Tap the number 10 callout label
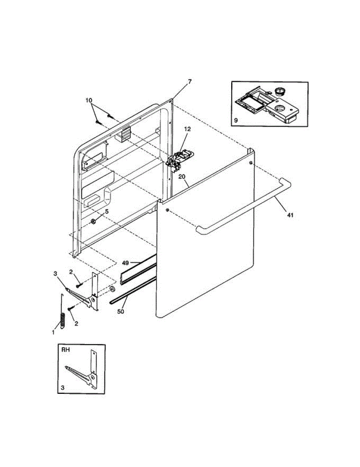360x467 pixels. click(x=89, y=100)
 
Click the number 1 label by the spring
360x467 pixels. click(x=53, y=332)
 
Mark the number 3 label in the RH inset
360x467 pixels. click(x=63, y=388)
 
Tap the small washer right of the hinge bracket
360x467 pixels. click(x=112, y=289)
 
